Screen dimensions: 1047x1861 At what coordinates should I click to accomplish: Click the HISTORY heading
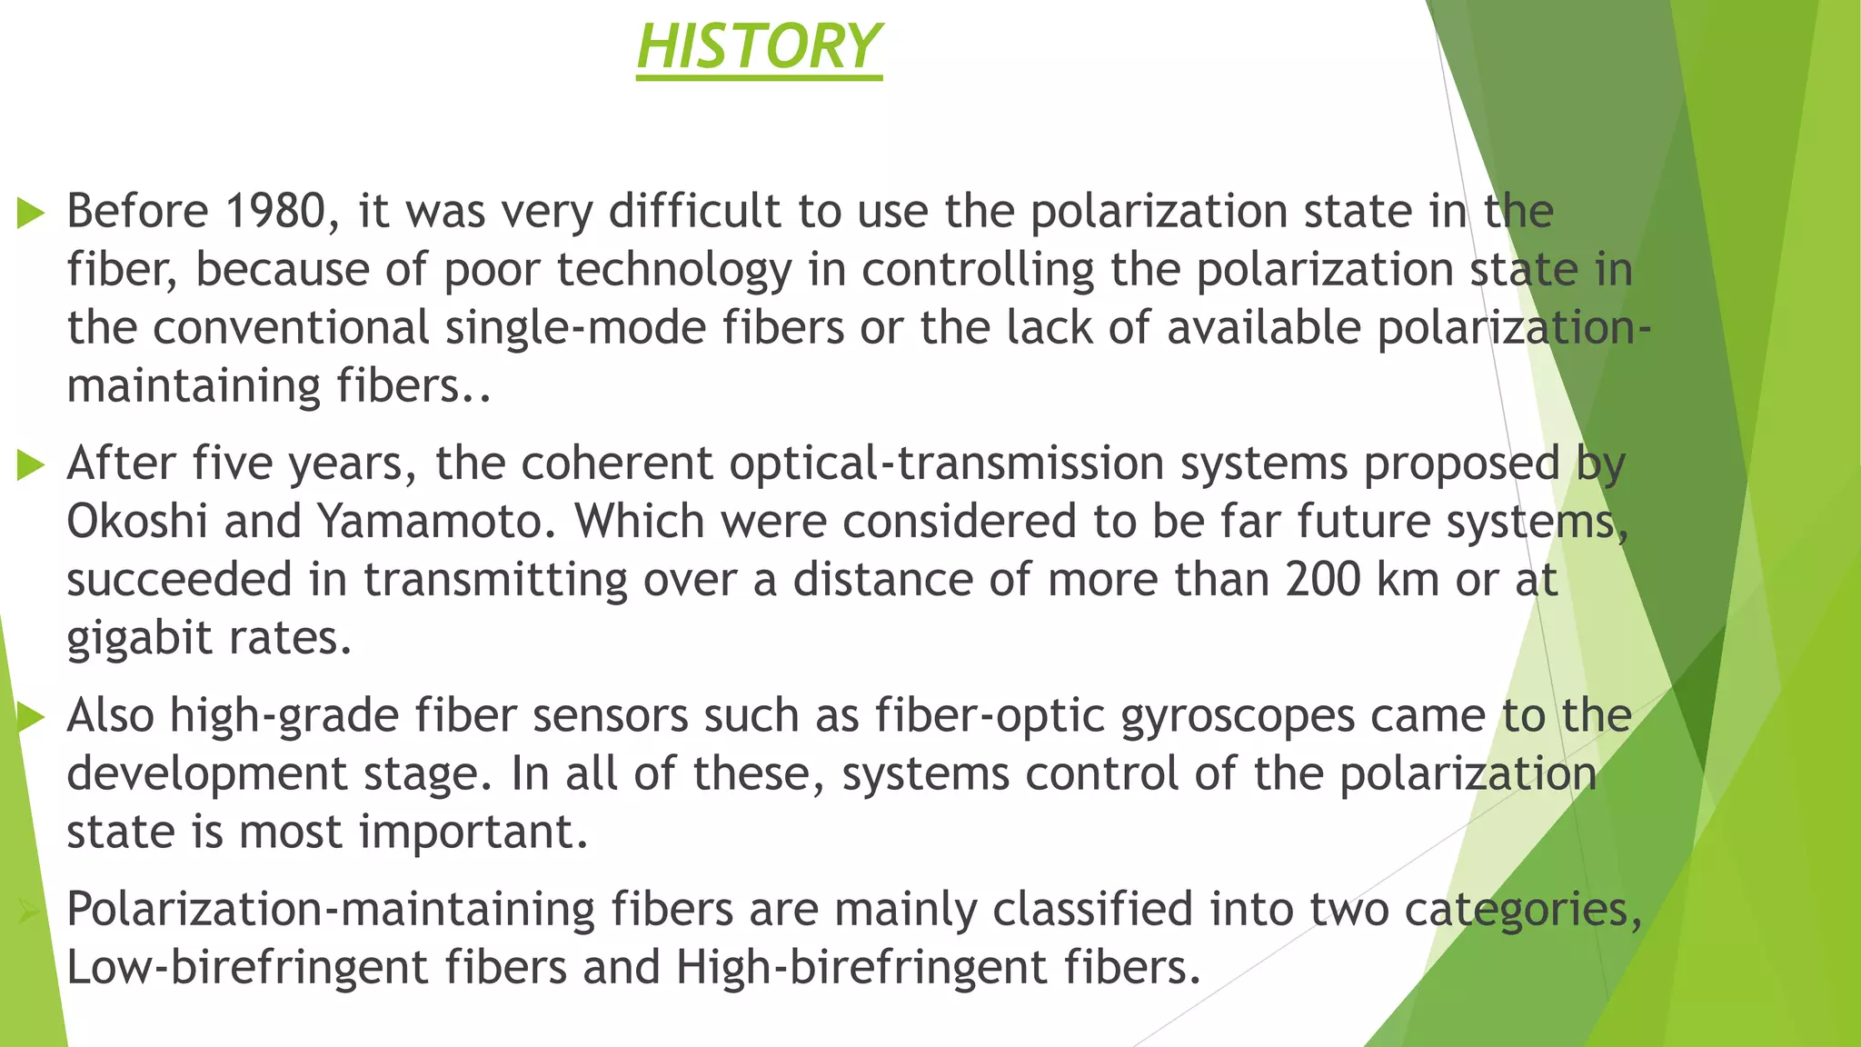pos(759,47)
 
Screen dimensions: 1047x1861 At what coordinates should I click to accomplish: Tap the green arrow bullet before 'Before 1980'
pos(31,214)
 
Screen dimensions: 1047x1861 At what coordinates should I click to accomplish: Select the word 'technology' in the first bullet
pos(674,271)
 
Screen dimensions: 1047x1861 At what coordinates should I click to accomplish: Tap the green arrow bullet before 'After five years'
pos(31,466)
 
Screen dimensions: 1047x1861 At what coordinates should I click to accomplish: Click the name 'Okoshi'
pos(137,522)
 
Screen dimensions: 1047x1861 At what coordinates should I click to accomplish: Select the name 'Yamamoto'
pos(436,522)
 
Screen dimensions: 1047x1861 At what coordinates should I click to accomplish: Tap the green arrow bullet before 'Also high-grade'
pos(31,718)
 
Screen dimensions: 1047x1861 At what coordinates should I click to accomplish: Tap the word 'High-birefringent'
pos(861,967)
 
